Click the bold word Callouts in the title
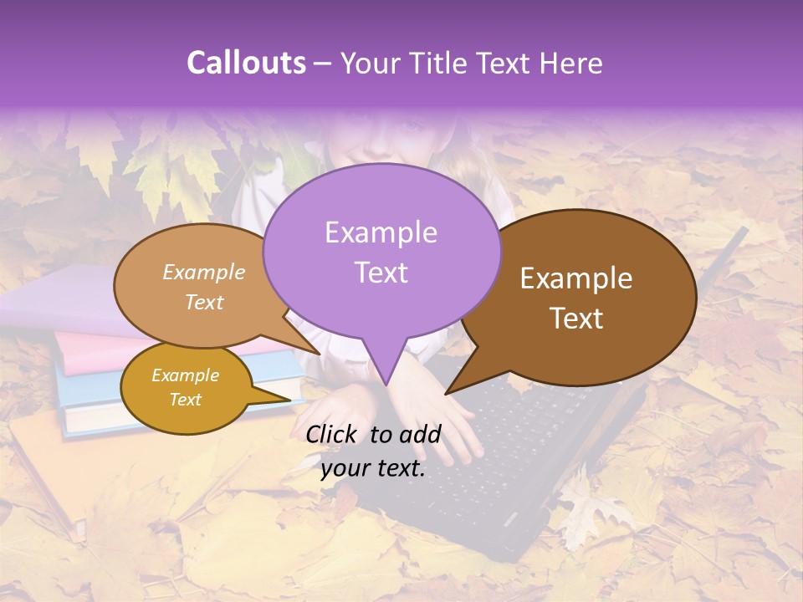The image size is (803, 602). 246,63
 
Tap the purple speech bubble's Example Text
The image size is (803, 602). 381,252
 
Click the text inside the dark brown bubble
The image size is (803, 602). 576,298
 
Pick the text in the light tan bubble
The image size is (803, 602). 204,287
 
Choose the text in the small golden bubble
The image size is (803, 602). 185,387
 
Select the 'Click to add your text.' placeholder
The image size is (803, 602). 373,451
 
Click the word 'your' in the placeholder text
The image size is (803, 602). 345,469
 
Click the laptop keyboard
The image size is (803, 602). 519,443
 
